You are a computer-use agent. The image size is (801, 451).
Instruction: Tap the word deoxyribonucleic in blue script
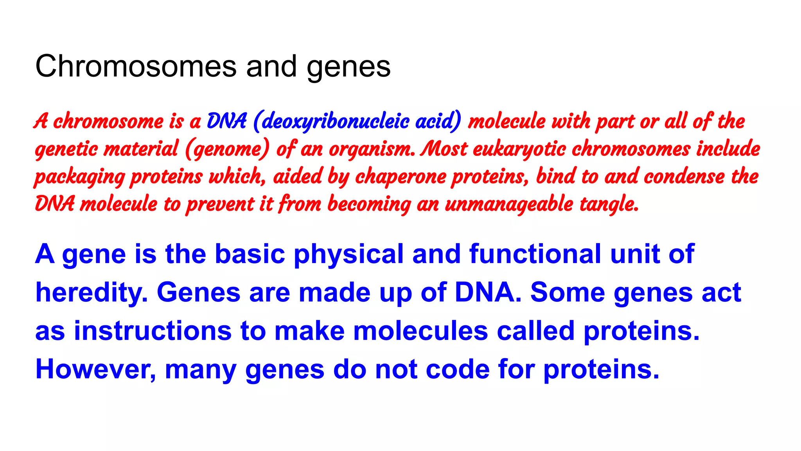point(336,121)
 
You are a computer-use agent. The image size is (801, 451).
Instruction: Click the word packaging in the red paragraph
point(79,177)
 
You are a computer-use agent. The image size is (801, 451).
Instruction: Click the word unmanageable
point(509,204)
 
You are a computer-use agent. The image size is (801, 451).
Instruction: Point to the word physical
point(348,254)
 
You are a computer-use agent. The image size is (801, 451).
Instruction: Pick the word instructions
point(153,331)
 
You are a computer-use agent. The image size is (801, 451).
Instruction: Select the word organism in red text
point(372,149)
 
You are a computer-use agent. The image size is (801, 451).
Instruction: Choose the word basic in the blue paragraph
point(250,254)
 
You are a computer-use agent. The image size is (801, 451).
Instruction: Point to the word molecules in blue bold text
point(420,331)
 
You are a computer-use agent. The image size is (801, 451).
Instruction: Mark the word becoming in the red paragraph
point(369,204)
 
